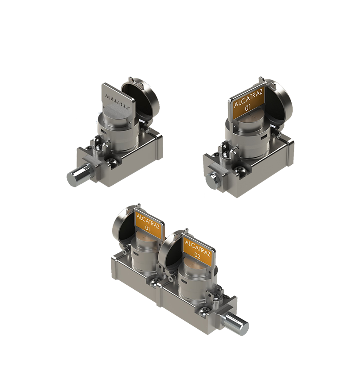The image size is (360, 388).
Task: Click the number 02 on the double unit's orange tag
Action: tap(198, 256)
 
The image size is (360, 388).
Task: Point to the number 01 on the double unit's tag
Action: tap(148, 229)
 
